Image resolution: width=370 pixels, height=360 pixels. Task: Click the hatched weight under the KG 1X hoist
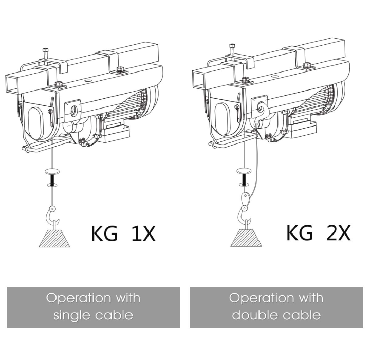click(54, 238)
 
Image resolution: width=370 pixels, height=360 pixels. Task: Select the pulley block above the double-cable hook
click(246, 197)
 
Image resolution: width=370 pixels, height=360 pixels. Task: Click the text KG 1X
click(123, 233)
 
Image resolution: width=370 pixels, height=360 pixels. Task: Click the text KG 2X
click(318, 232)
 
